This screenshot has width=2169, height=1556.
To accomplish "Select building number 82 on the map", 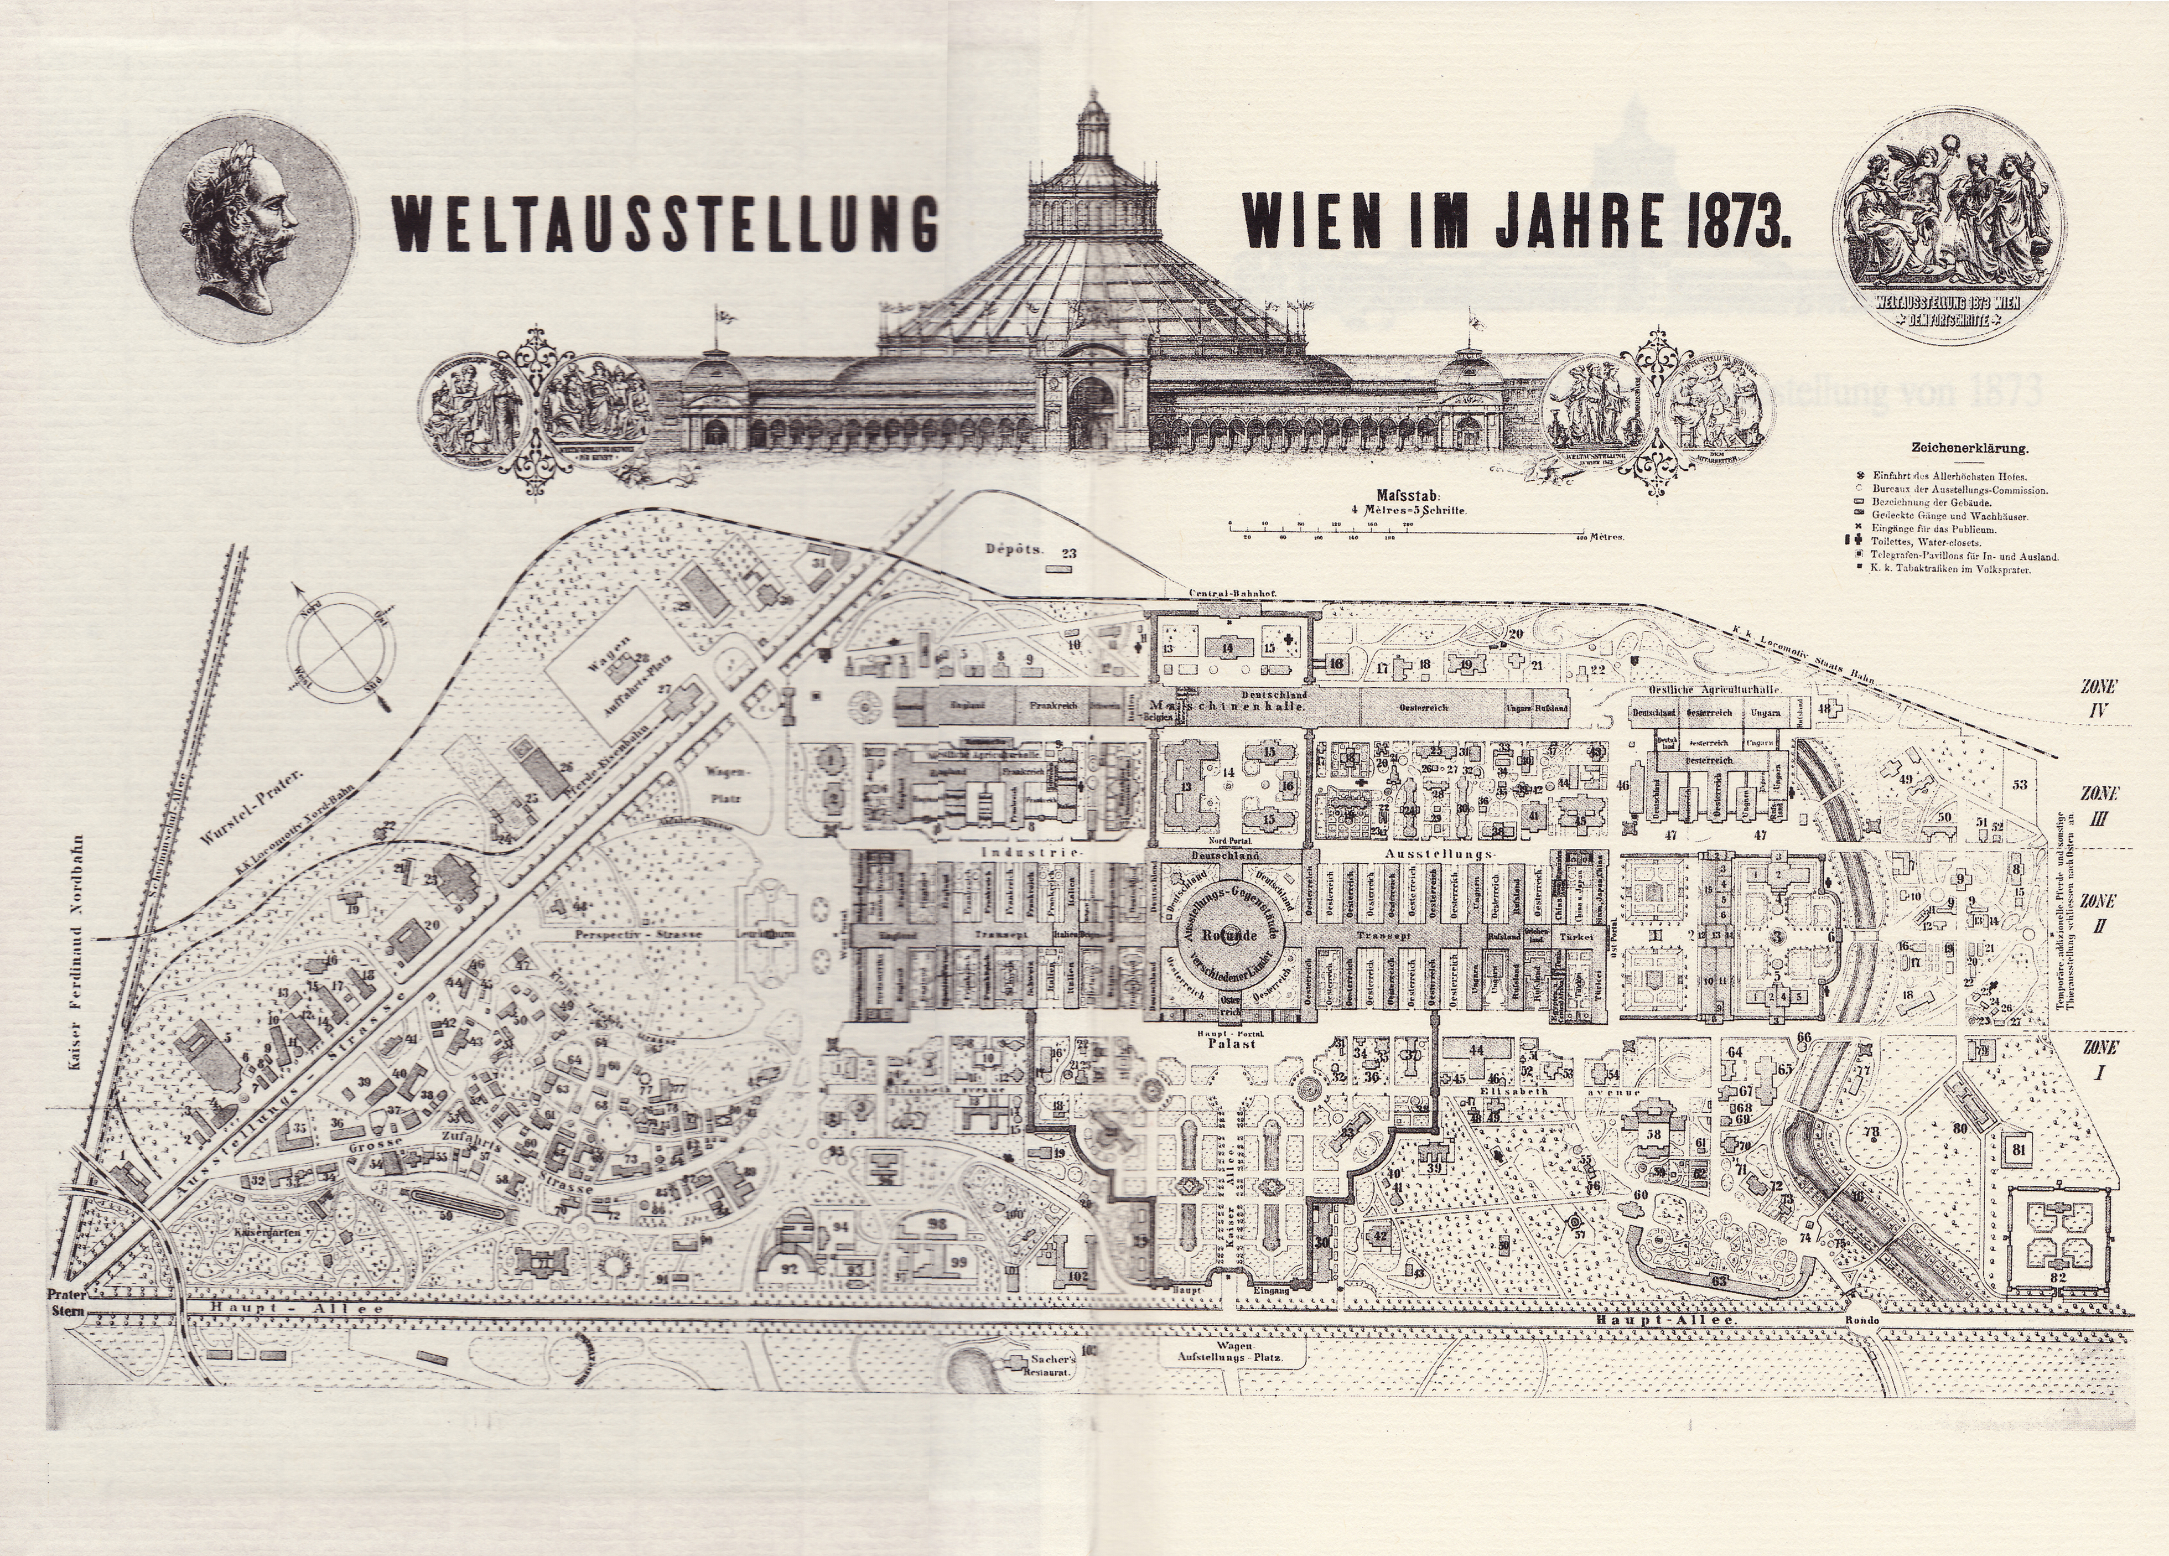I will point(2058,1277).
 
